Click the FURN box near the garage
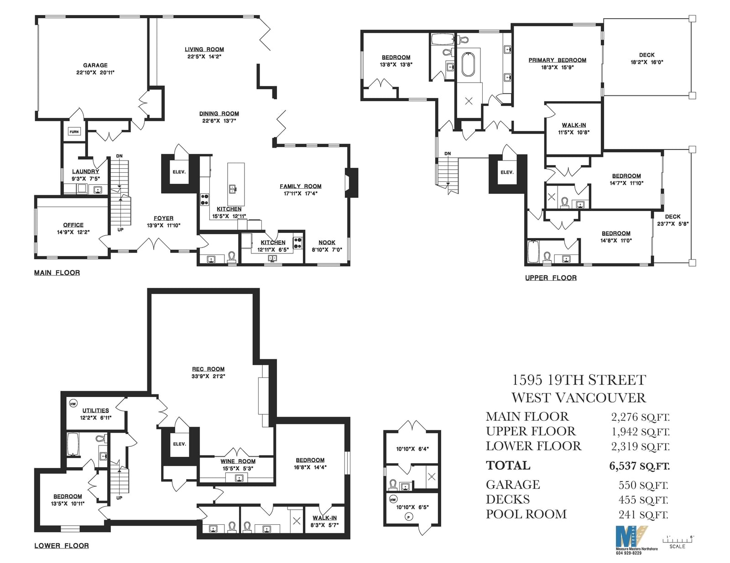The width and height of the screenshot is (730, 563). pos(74,132)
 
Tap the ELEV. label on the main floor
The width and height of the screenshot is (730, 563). pos(179,172)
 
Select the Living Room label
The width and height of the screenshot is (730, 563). pos(204,49)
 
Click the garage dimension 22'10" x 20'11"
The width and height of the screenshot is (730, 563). pos(95,72)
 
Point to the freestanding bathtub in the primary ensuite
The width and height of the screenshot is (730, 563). pos(467,64)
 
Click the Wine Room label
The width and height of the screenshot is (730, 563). pos(238,461)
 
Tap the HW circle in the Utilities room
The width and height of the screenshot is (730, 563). pos(73,403)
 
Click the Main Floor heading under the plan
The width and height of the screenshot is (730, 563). pos(57,273)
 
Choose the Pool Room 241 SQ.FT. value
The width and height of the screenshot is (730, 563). pos(643,514)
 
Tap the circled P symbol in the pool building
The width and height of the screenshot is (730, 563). pos(409,517)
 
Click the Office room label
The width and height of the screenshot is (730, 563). pos(73,225)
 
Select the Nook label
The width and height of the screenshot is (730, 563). pos(327,242)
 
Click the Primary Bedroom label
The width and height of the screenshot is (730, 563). pos(558,60)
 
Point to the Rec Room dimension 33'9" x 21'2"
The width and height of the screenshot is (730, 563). pos(209,377)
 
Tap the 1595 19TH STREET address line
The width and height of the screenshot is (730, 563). pos(579,380)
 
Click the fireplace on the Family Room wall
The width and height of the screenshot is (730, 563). pos(351,183)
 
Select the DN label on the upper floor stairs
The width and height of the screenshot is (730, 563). pos(448,154)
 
